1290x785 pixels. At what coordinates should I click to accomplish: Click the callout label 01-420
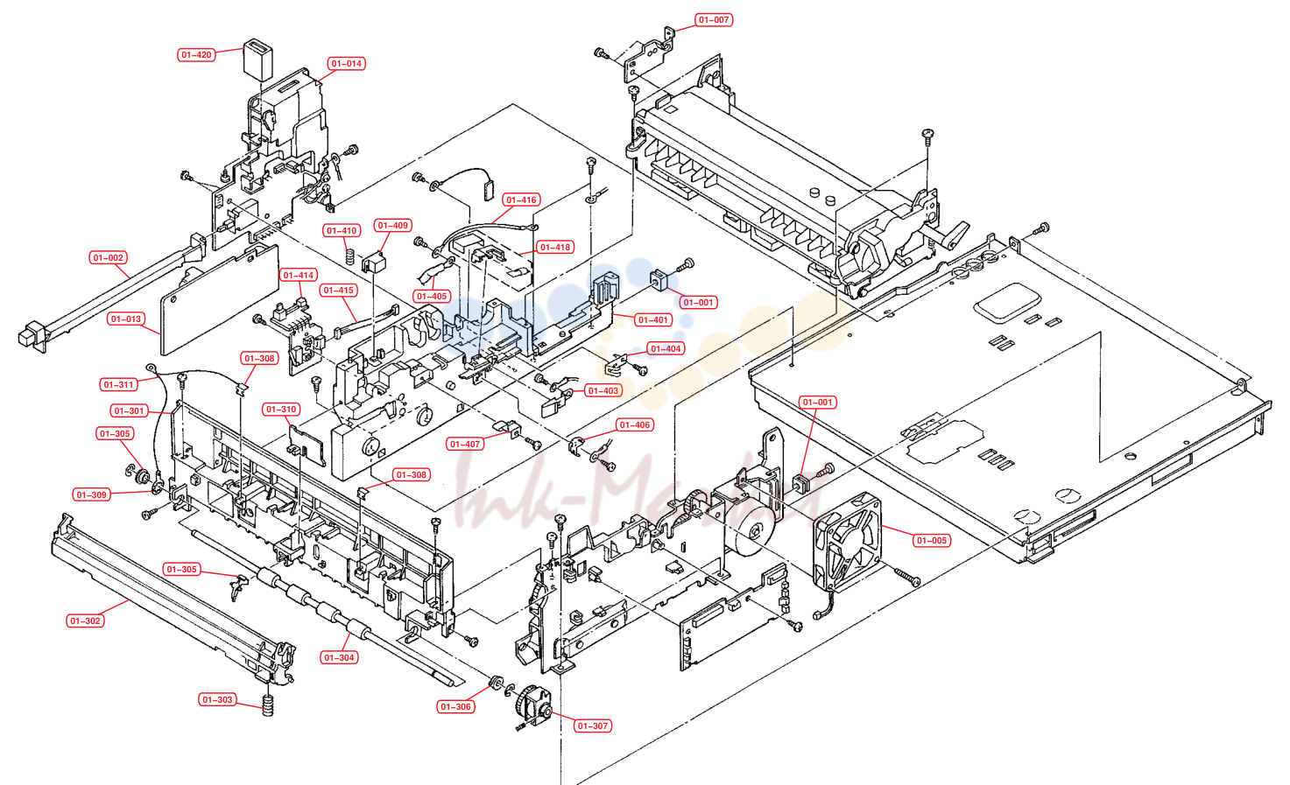(x=196, y=54)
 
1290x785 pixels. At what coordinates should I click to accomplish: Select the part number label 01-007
(x=714, y=19)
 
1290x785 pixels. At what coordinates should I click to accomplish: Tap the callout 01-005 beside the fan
(x=931, y=541)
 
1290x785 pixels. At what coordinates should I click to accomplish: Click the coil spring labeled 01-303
(x=267, y=705)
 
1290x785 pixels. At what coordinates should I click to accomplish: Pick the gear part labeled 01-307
(x=531, y=706)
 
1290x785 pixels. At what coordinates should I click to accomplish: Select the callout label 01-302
(x=85, y=621)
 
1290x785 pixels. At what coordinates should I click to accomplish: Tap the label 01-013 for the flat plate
(x=125, y=319)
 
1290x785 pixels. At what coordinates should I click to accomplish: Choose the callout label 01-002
(x=109, y=257)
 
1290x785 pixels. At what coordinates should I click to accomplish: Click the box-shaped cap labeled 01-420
(x=258, y=60)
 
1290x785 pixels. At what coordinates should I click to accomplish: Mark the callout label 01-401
(x=653, y=319)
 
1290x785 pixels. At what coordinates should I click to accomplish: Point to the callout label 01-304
(x=339, y=657)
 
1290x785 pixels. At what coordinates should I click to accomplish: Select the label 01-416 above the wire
(x=521, y=200)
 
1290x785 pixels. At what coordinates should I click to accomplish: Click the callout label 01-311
(x=118, y=384)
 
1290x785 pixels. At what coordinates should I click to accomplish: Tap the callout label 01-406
(x=634, y=424)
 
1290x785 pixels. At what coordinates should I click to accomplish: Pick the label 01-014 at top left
(x=347, y=63)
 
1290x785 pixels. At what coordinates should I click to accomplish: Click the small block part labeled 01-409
(x=373, y=263)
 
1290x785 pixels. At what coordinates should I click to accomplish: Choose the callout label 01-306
(x=455, y=707)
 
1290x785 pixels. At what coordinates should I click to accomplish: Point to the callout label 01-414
(x=299, y=275)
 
